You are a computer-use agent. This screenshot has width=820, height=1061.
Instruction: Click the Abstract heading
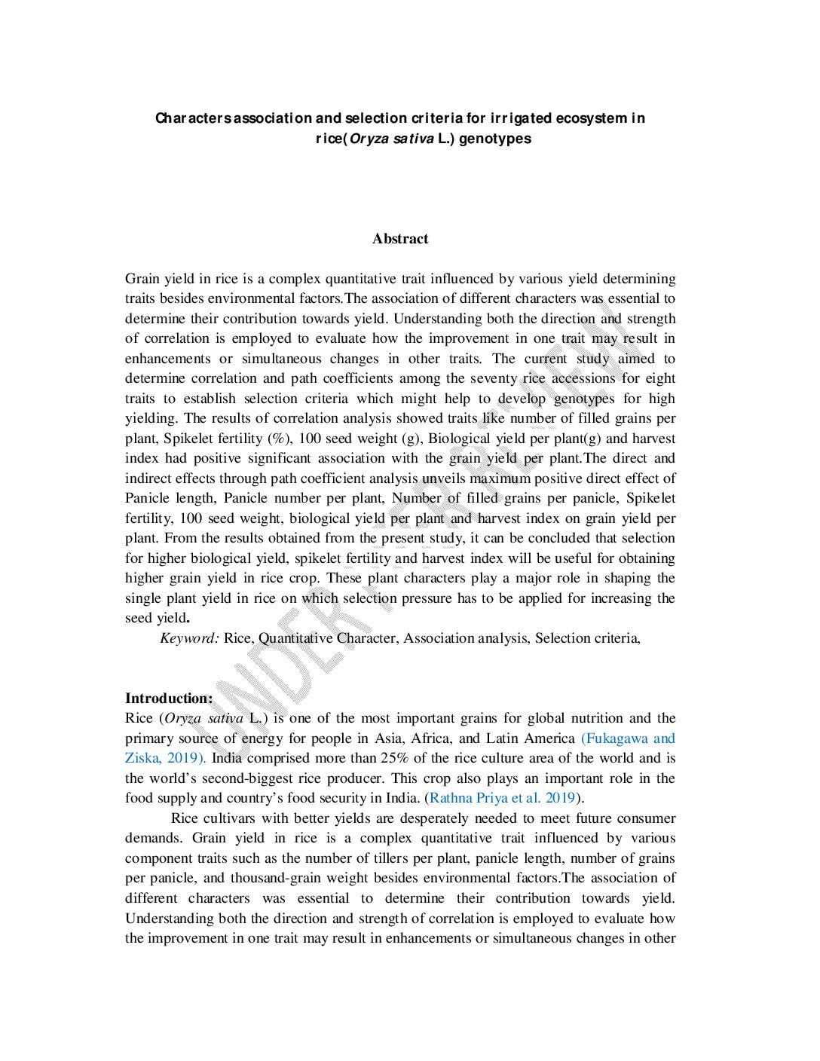(399, 239)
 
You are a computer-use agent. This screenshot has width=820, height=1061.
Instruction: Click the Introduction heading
(169, 699)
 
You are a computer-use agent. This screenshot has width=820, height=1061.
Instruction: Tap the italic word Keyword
(189, 638)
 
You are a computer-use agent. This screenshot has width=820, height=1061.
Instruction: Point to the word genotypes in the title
(494, 139)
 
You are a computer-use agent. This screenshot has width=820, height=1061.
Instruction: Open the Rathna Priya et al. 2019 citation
(503, 798)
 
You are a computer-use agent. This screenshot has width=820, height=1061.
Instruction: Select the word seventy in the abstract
(494, 378)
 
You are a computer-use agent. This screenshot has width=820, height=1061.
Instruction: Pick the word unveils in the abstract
(443, 479)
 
